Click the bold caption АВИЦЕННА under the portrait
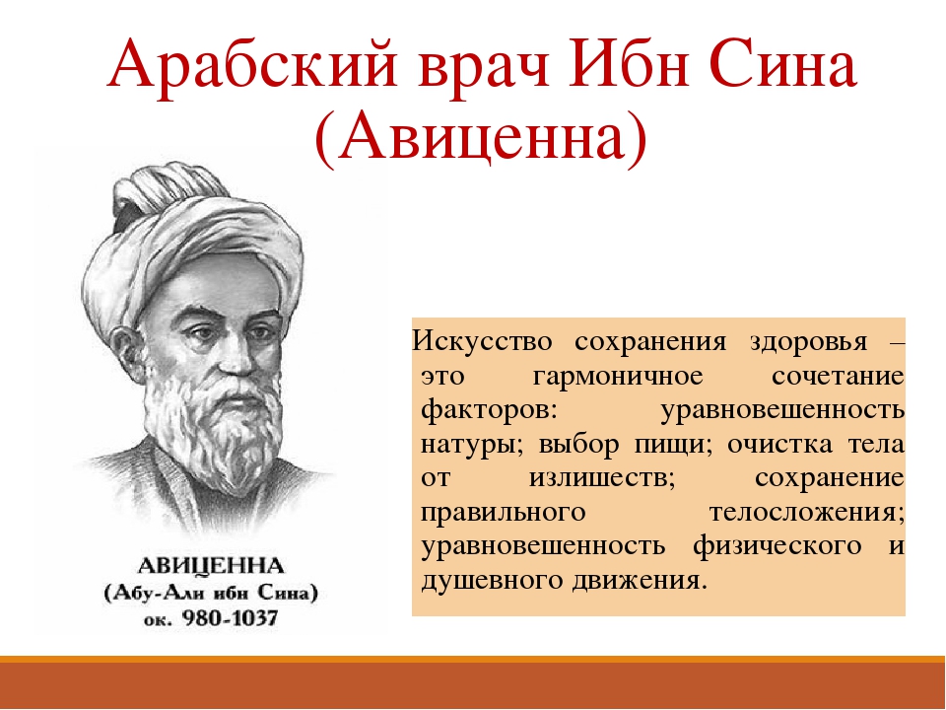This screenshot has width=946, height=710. point(211,566)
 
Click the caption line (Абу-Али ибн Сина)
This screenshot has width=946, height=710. point(211,593)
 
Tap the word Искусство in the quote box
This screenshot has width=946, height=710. point(482,341)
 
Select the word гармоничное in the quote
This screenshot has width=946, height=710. point(619,377)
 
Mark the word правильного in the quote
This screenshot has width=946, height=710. point(504,513)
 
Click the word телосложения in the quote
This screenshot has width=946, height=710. point(807,513)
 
